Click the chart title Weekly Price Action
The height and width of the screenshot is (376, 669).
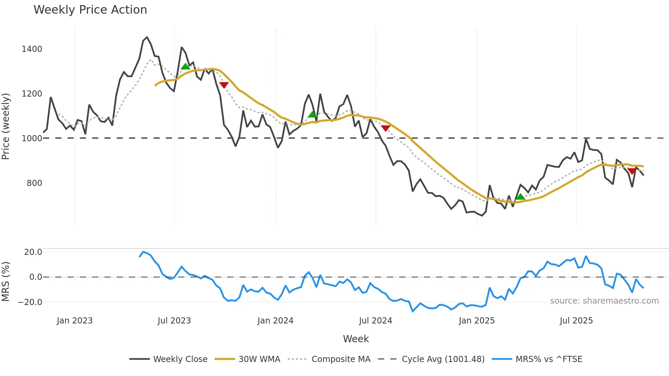click(x=90, y=10)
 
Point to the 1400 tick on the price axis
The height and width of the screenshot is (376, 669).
click(x=32, y=49)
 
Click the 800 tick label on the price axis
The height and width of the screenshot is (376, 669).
click(x=34, y=183)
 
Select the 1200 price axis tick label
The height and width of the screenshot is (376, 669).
click(x=32, y=94)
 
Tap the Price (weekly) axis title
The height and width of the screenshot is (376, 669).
click(x=6, y=126)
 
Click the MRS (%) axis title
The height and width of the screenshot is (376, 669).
click(x=6, y=281)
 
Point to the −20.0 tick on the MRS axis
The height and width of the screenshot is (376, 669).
click(x=30, y=302)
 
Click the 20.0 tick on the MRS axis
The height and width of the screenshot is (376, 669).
click(x=33, y=252)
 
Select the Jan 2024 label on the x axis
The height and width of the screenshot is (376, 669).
click(x=275, y=321)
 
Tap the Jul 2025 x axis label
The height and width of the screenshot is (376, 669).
click(x=576, y=321)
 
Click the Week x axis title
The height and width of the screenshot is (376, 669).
click(x=356, y=339)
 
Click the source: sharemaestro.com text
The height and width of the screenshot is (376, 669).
click(x=604, y=301)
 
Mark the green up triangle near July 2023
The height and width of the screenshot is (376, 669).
click(x=185, y=67)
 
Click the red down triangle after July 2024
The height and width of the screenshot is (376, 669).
click(x=385, y=128)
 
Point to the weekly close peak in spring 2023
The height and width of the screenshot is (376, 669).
click(x=147, y=37)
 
